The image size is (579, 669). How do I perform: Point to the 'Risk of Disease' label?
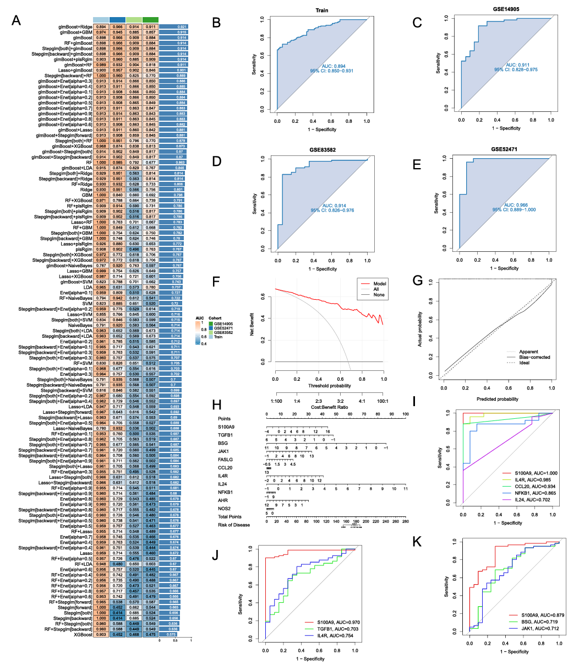tap(233, 525)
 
